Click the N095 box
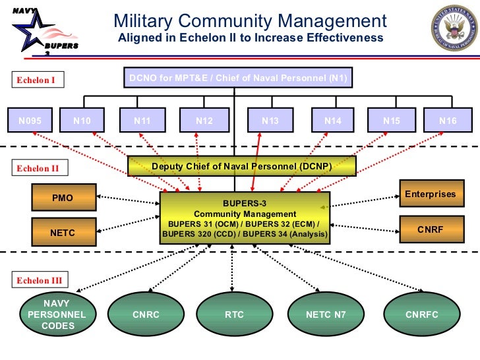pos(30,121)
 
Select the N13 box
pos(270,121)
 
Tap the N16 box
pos(448,121)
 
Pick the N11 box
pos(142,121)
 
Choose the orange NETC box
pos(63,232)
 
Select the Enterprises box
pos(430,194)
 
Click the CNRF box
pos(430,230)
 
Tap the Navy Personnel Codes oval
pos(56,315)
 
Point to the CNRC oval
pos(146,315)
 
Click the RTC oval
pos(234,315)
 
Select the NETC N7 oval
pos(325,315)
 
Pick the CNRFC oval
pos(421,315)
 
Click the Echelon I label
pos(36,80)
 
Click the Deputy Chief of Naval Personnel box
pos(241,166)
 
